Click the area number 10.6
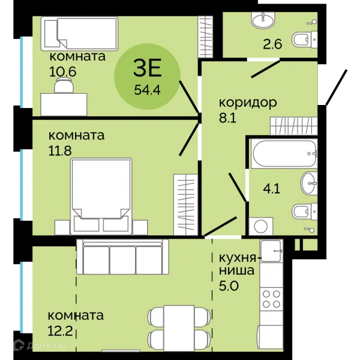pos(62,72)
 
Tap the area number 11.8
pos(60,151)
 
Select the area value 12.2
pos(60,331)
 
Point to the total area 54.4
pos(147,89)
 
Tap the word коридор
pos(248,103)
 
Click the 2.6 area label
pos(272,44)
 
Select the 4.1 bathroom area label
pos(272,190)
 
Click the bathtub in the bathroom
pos(284,154)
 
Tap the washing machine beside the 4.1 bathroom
pos(261,226)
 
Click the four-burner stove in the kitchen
pos(272,299)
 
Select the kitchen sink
pos(271,251)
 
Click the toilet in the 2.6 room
pos(305,40)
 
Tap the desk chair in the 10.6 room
pos(64,85)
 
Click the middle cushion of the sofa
pos(122,260)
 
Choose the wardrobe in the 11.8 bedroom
pos(186,205)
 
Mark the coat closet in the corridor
pos(294,126)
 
